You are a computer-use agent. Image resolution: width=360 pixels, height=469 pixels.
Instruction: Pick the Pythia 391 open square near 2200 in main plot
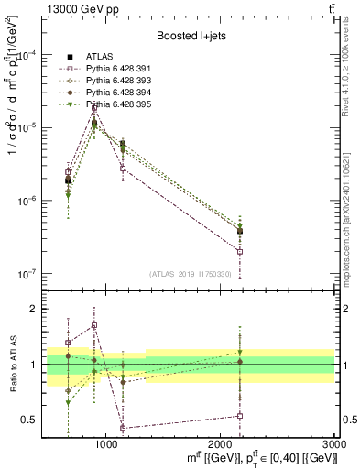pos(240,252)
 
